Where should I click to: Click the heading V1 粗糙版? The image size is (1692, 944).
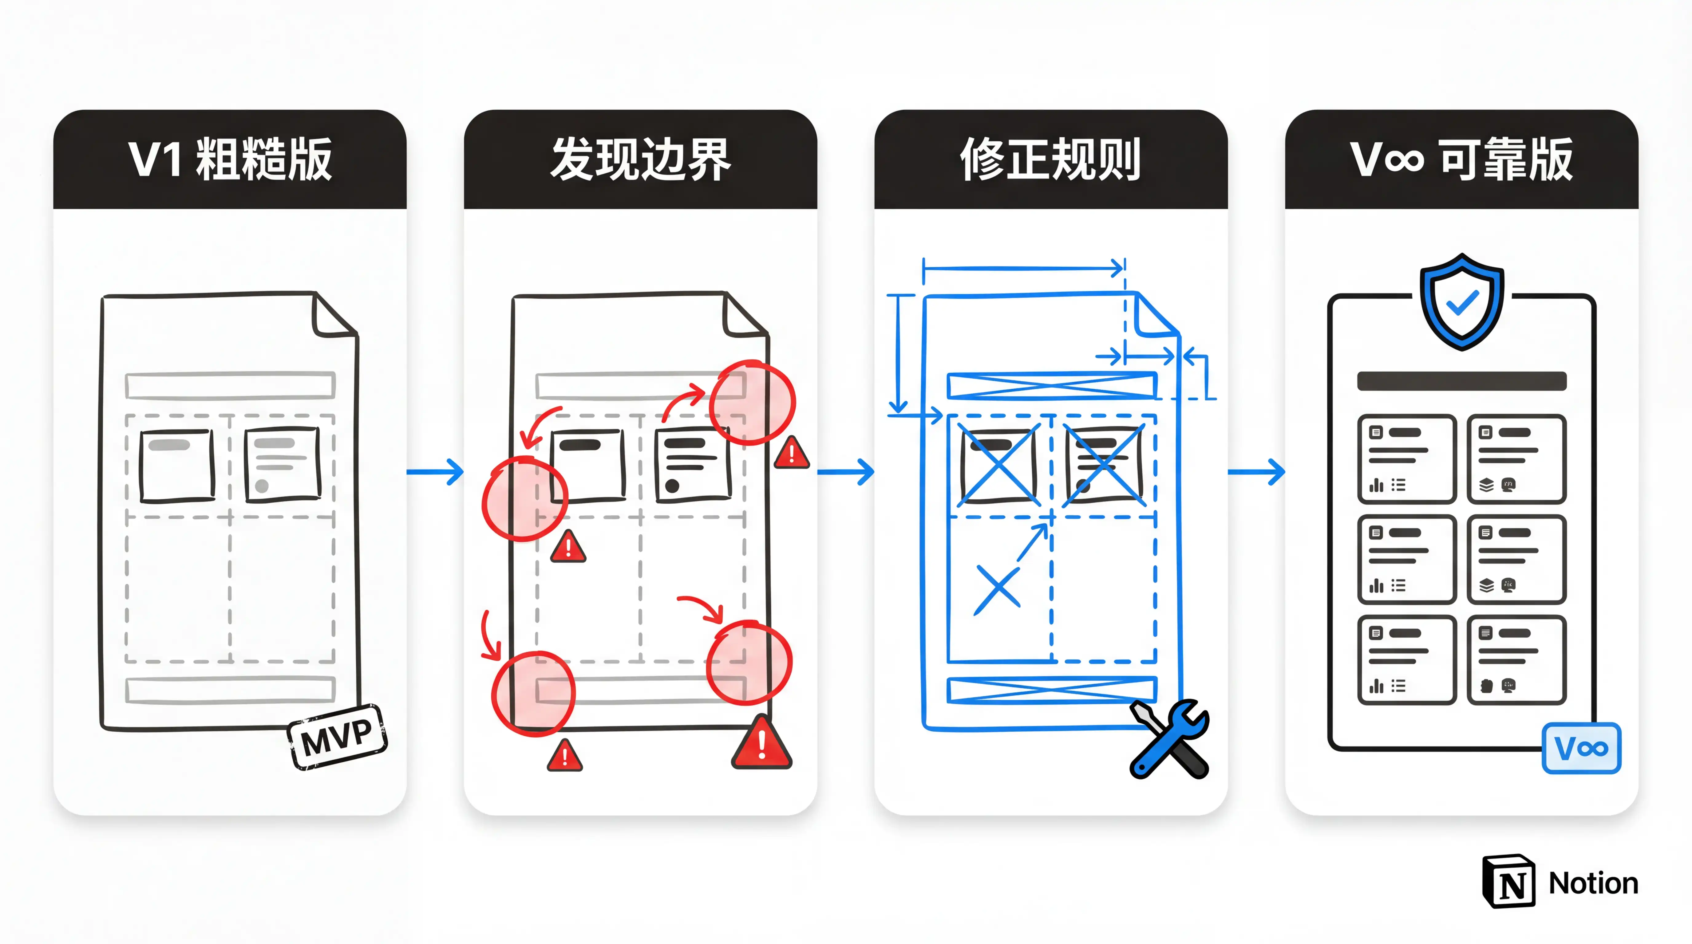(x=230, y=159)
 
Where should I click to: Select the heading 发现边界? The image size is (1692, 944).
(x=640, y=159)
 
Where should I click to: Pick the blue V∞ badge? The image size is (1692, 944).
(x=1581, y=748)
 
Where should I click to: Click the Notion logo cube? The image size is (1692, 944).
(x=1509, y=882)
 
